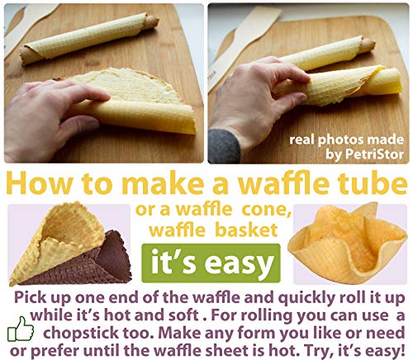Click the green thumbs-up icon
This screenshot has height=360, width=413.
(21, 329)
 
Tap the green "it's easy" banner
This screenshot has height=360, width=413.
(211, 263)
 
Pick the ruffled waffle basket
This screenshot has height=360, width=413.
(349, 244)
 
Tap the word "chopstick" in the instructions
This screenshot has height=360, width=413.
(82, 334)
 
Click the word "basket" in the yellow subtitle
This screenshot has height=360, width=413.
(246, 230)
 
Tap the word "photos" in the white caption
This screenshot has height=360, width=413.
(341, 140)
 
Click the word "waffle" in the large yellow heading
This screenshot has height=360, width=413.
(285, 182)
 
